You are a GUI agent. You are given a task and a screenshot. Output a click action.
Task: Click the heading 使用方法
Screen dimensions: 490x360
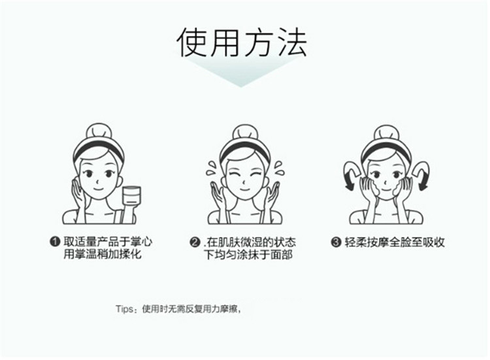241,42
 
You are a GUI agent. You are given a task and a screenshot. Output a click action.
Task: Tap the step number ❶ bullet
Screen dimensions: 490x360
55,241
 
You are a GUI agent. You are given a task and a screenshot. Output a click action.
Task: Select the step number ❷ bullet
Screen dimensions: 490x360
195,242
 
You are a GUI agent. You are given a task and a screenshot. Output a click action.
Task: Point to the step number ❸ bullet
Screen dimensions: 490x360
336,242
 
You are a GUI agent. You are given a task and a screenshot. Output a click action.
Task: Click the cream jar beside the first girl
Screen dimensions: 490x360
131,196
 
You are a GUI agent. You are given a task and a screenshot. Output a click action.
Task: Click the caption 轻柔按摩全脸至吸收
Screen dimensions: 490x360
395,242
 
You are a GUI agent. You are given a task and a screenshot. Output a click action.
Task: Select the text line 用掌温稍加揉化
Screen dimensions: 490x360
103,254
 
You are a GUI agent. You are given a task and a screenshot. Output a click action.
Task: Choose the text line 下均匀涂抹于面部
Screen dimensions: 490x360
248,255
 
